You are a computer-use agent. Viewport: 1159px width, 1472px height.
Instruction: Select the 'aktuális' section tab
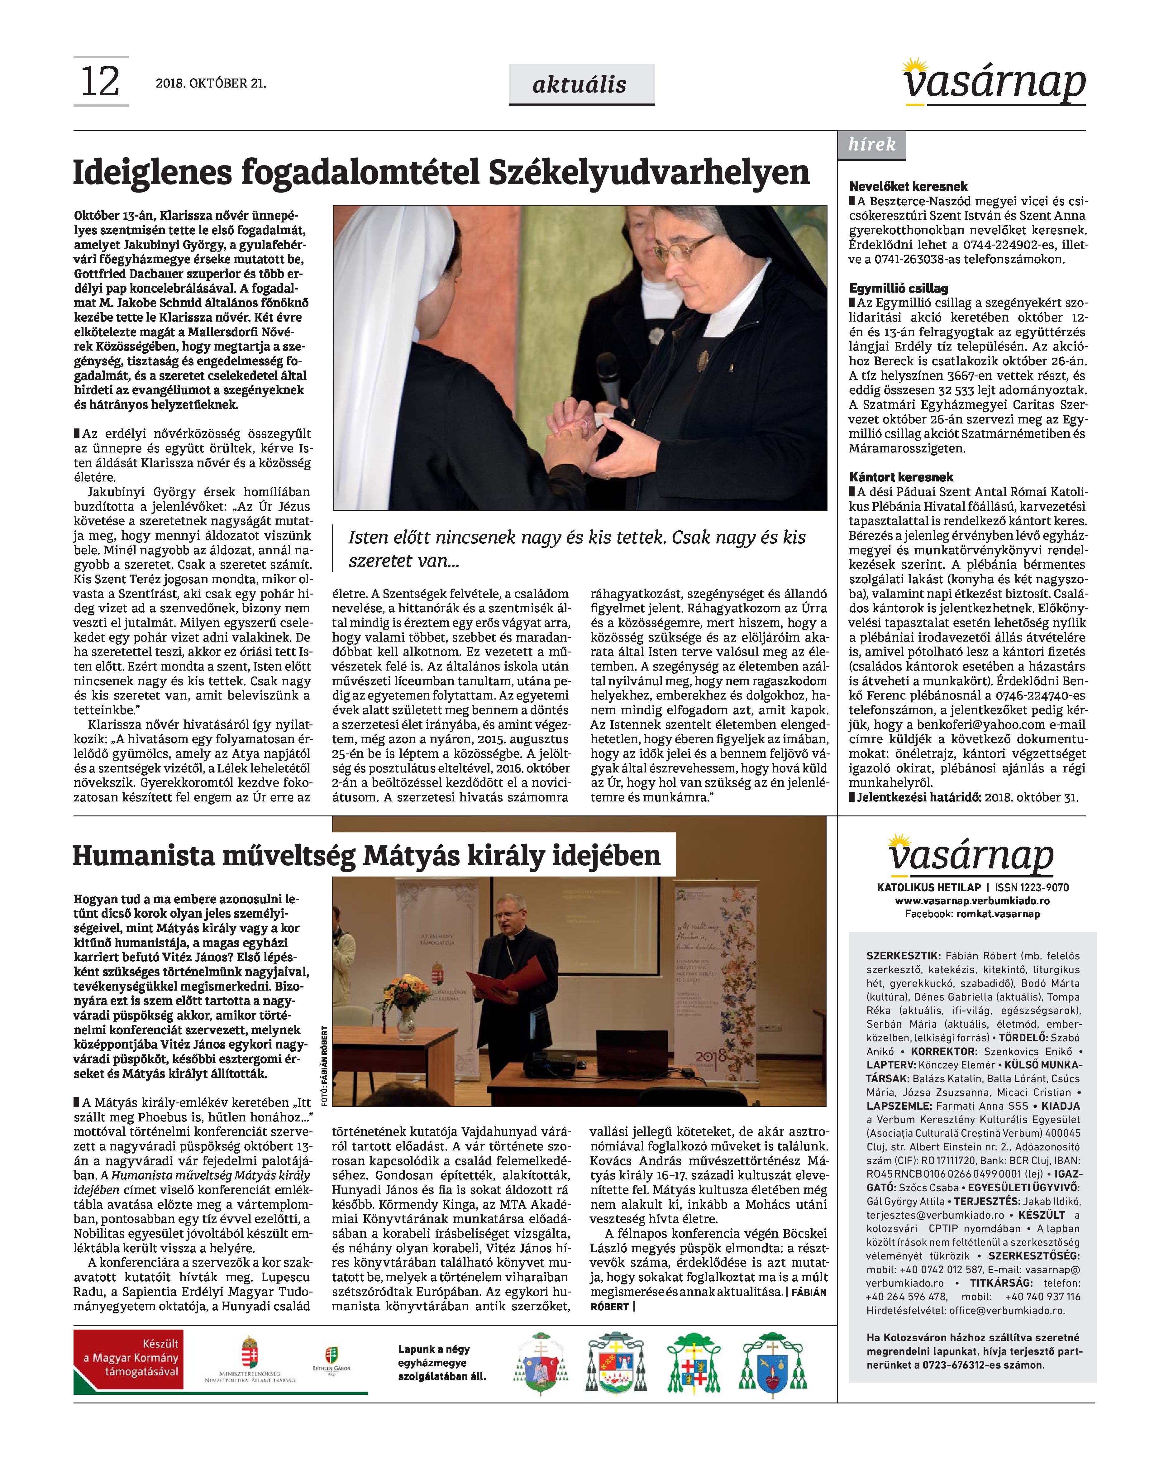pos(581,84)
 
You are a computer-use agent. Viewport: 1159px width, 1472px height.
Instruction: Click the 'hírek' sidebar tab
pos(871,145)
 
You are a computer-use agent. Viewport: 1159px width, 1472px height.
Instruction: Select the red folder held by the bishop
pos(516,981)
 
